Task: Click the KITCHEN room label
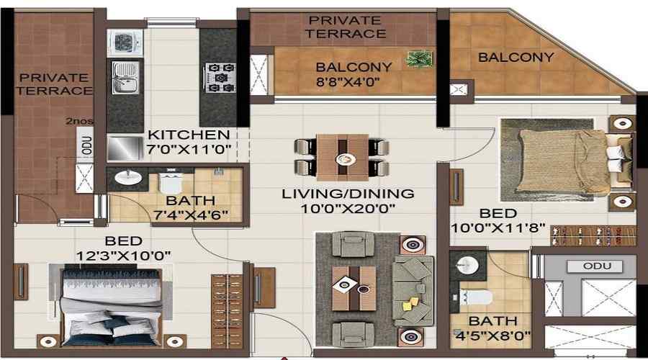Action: click(189, 135)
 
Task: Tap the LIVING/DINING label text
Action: click(348, 194)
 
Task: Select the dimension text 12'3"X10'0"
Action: click(124, 256)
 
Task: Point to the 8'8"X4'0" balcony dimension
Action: click(348, 81)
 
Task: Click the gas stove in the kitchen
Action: click(220, 77)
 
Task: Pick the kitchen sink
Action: click(125, 78)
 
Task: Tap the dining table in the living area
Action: click(343, 157)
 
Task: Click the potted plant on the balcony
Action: click(419, 59)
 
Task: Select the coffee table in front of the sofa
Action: click(354, 288)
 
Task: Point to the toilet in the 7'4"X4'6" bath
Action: click(170, 182)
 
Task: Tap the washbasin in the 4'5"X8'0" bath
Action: click(468, 264)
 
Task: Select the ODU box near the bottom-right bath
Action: click(595, 266)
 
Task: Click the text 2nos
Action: click(79, 121)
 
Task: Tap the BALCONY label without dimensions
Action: click(516, 57)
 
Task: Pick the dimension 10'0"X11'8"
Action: click(498, 228)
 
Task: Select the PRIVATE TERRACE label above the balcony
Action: click(346, 27)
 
